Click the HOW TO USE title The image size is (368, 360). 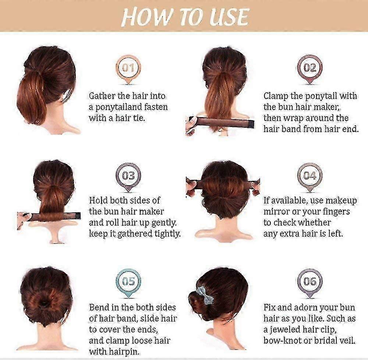[x=185, y=17]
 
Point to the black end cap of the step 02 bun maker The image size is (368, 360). [x=251, y=124]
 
